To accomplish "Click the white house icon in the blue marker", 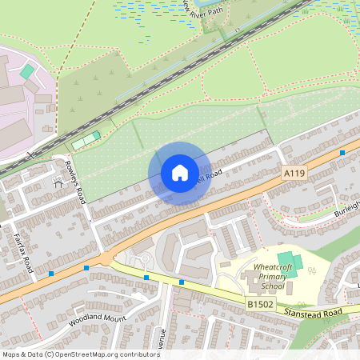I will click(x=180, y=173).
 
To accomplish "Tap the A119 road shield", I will click(x=294, y=172).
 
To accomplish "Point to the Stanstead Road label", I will click(x=318, y=311).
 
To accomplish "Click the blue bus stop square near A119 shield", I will click(x=342, y=152).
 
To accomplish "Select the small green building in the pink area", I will click(x=27, y=72).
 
